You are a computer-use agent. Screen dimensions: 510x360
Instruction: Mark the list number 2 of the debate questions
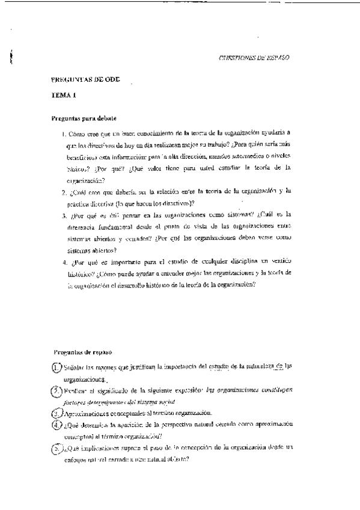pyautogui.click(x=64, y=192)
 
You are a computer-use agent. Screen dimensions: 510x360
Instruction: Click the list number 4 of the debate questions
pyautogui.click(x=64, y=263)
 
